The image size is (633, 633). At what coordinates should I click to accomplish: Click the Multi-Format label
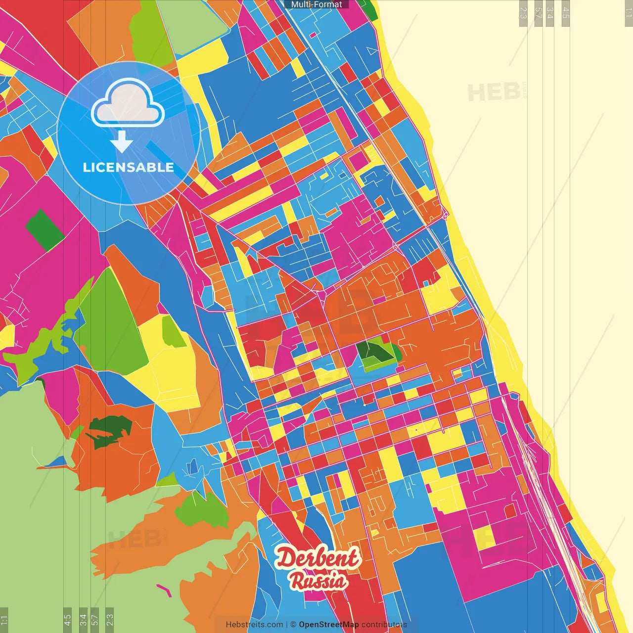316,4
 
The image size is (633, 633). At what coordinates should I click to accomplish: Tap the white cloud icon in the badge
128,104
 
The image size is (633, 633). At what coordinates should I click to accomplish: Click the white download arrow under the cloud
122,142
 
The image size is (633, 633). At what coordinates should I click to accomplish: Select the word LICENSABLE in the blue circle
129,168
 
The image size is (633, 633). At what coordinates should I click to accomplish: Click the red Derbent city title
317,558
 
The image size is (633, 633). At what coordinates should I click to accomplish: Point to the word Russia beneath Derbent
318,581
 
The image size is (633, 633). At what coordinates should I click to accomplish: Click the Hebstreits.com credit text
254,625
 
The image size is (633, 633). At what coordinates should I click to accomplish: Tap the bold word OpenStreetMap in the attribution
329,625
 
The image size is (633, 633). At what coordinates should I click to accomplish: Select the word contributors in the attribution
384,625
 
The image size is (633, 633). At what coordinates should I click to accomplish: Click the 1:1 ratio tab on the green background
4,620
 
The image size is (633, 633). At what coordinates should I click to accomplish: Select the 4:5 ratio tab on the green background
67,620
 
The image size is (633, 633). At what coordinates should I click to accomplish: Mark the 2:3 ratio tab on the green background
110,620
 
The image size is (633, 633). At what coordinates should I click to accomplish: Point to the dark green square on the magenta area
45,229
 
